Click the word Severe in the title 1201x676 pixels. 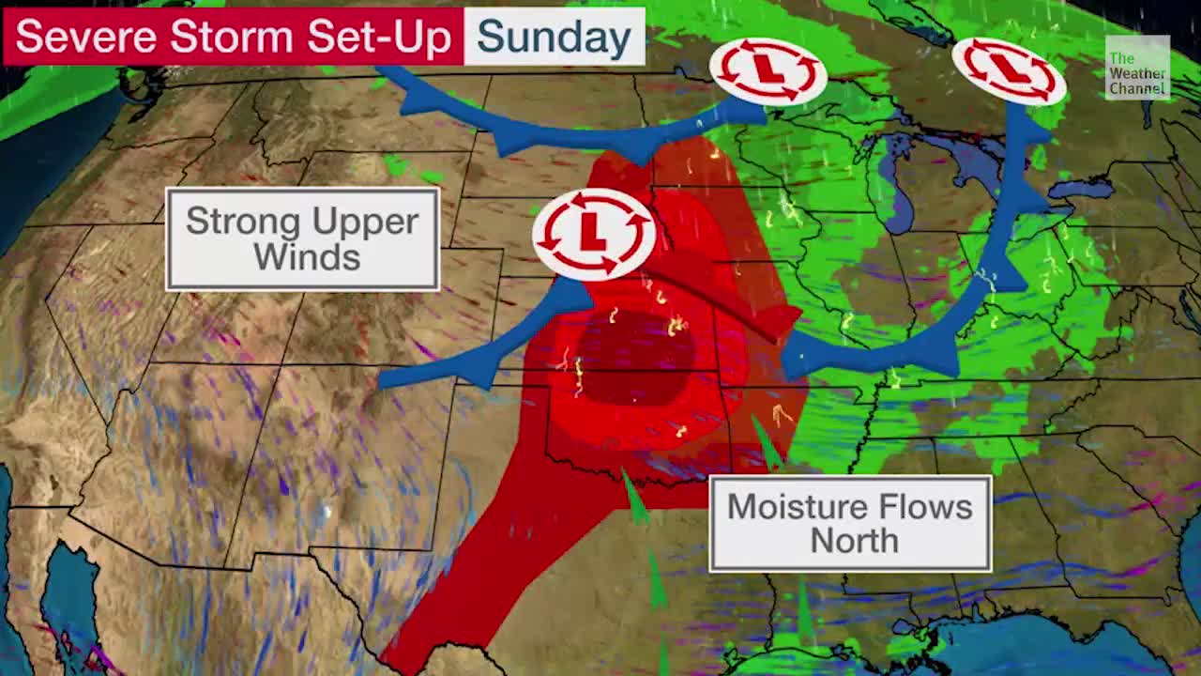coord(85,38)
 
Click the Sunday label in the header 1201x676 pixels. coord(554,37)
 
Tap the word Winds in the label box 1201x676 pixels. coord(306,256)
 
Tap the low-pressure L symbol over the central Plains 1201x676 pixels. coord(593,233)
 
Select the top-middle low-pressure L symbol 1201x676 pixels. coord(768,70)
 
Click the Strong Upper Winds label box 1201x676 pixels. coord(302,239)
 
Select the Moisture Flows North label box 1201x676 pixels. coord(850,523)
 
